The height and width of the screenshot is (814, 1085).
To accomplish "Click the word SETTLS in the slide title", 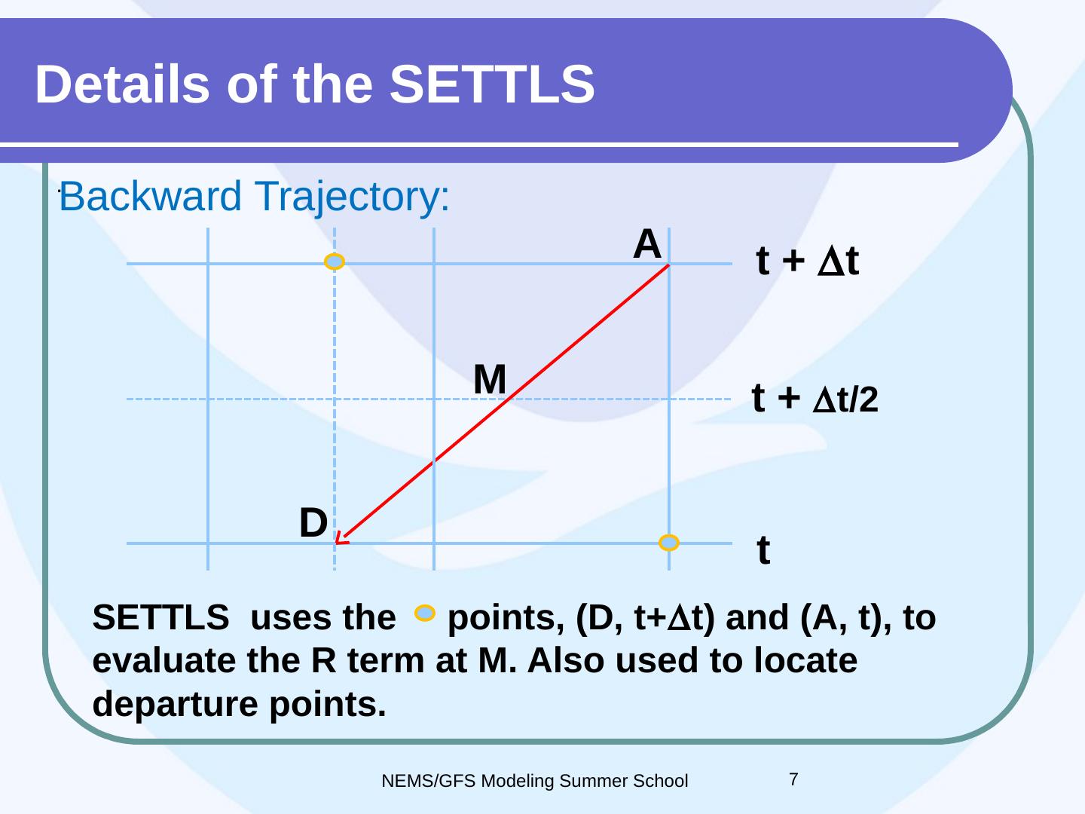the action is coord(492,84).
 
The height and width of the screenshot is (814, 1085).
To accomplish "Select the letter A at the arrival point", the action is coord(647,243).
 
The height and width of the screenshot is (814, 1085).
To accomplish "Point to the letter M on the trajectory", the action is coord(490,379).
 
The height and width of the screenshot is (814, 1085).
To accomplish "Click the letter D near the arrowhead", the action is coord(313,522).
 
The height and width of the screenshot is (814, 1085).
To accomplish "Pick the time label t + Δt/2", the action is coord(815,398).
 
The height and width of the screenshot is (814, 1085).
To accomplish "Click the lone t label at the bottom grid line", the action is coord(763,549).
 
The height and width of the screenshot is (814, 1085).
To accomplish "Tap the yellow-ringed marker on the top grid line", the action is coord(334,261).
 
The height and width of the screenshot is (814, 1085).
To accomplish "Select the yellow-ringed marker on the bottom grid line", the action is coord(669,543).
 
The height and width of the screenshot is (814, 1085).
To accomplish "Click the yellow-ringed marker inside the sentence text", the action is coord(425,613).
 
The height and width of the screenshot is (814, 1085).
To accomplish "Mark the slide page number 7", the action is coord(794,779).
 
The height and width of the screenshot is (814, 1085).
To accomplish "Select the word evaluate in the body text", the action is coord(164,660).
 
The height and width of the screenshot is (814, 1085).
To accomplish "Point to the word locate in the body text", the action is coord(805,660).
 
